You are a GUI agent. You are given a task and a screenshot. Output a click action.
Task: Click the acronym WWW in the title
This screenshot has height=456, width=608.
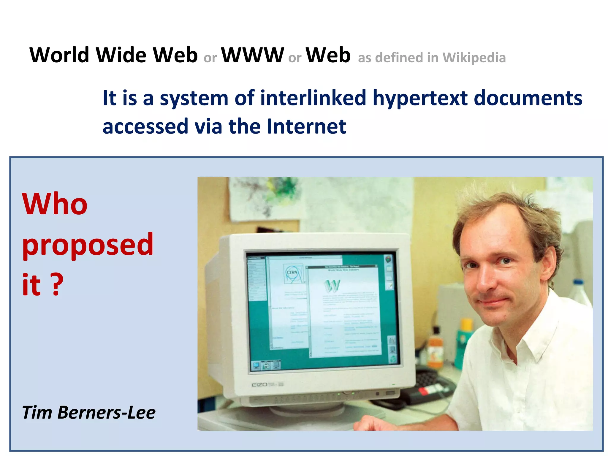[x=252, y=55]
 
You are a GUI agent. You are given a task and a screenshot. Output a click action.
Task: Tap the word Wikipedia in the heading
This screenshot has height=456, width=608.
[x=474, y=58]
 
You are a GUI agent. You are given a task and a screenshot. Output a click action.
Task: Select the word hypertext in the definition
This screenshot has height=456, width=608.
[x=420, y=98]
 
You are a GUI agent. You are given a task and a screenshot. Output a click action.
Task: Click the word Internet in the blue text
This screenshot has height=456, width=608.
[x=306, y=126]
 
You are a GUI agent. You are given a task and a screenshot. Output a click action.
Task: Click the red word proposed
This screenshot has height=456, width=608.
[x=88, y=245]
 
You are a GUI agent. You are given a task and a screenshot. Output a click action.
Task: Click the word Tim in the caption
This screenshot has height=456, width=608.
[x=37, y=412]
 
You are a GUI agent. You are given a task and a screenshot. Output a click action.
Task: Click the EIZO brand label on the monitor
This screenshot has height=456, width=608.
[x=259, y=385]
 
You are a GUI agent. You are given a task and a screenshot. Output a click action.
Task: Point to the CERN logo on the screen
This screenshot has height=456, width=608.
[x=292, y=273]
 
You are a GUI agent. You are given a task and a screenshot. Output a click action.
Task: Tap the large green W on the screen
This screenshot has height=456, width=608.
[x=332, y=286]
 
